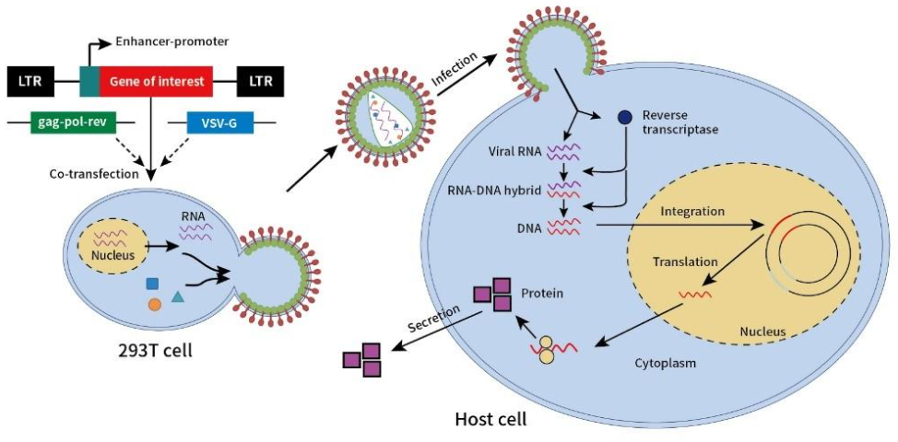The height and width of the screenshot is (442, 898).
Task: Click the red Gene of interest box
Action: click(x=156, y=81)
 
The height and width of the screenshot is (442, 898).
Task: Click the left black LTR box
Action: click(x=30, y=81)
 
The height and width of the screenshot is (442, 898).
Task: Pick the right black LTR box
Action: click(x=260, y=81)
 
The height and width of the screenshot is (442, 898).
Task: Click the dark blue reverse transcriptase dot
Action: click(x=624, y=118)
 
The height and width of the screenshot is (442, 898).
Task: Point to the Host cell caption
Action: click(x=490, y=420)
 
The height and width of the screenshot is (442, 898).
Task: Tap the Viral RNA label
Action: click(x=515, y=148)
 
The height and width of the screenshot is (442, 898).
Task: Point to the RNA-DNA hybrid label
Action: click(x=503, y=190)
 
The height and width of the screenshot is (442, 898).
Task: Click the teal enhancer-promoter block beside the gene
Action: click(x=89, y=80)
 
